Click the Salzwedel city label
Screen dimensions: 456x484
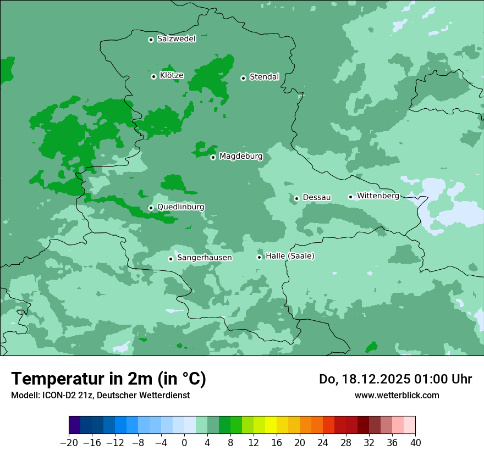(176, 39)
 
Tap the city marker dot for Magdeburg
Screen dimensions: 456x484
(213, 157)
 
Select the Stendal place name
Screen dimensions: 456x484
(264, 77)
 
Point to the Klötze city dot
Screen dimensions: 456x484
(153, 76)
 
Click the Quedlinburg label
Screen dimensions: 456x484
(180, 207)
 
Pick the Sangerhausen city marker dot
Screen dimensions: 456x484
(170, 259)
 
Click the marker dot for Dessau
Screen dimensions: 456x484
(296, 198)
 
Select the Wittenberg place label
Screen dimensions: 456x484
(378, 196)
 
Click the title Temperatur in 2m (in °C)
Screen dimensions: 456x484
(108, 379)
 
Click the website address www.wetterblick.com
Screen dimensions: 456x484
(397, 395)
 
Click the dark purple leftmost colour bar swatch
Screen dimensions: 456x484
(75, 425)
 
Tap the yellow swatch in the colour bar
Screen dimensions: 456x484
(271, 425)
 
